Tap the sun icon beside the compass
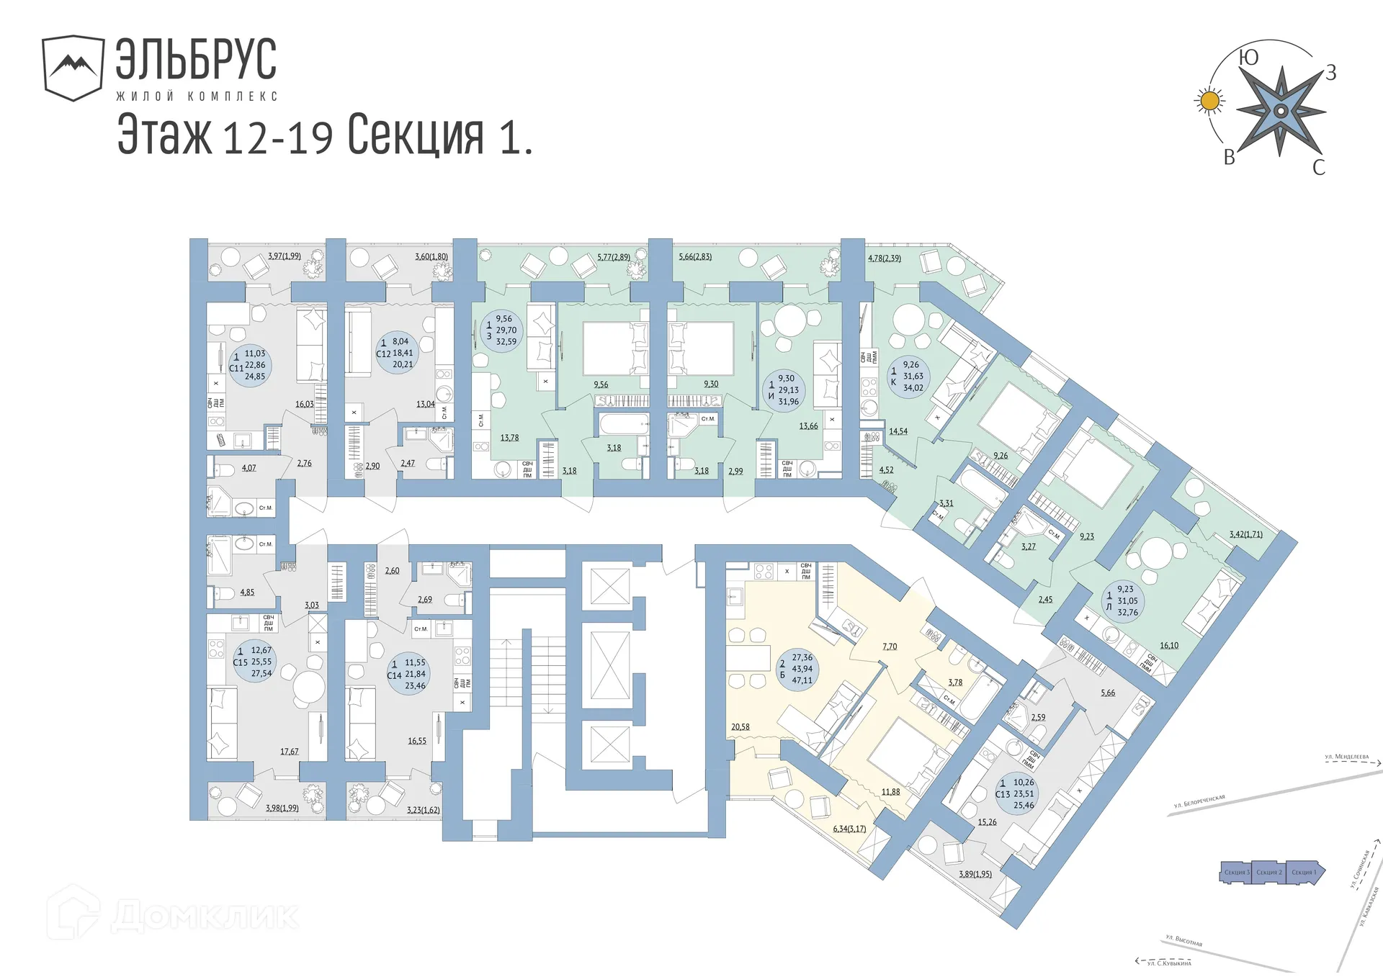[x=1210, y=101]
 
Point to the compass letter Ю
[x=1248, y=58]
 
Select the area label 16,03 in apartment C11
[x=305, y=405]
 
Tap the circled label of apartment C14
[x=408, y=674]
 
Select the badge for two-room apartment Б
[x=796, y=669]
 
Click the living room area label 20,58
[x=740, y=727]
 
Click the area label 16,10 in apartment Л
[x=1169, y=646]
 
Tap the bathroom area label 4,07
[x=249, y=468]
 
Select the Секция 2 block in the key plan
[x=1268, y=873]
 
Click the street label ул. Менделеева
[x=1346, y=757]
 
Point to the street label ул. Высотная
[x=1183, y=941]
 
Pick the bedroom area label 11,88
[x=890, y=792]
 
